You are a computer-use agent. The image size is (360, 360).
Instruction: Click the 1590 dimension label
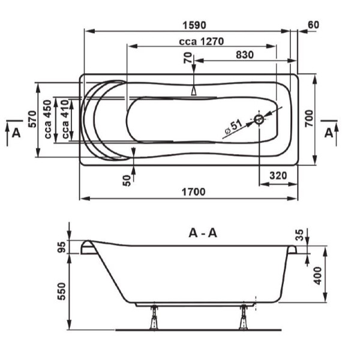(x=193, y=25)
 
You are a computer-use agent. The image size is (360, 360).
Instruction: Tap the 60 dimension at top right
(x=313, y=25)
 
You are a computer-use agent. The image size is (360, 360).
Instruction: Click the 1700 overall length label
(x=193, y=192)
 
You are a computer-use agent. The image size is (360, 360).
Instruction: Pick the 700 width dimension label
(x=309, y=120)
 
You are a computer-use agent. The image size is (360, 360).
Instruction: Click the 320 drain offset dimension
(x=277, y=176)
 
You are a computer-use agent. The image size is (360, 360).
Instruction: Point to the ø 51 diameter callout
(x=230, y=128)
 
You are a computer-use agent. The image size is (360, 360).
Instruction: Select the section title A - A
(x=202, y=234)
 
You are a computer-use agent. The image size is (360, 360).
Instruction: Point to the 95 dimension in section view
(x=62, y=247)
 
